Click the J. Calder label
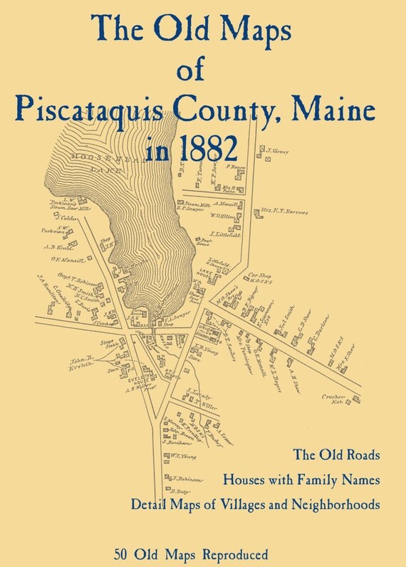(69, 218)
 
